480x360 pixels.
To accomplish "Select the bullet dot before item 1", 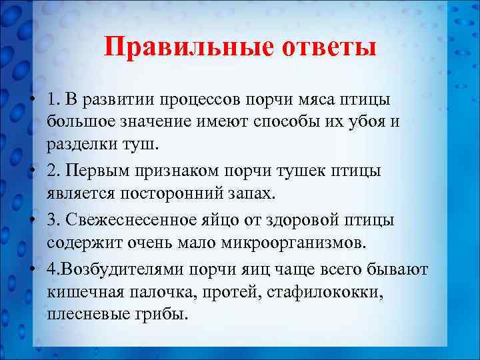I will pos(32,99).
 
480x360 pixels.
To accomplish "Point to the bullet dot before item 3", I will pos(32,221).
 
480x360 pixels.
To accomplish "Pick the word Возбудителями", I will pos(135,268).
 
